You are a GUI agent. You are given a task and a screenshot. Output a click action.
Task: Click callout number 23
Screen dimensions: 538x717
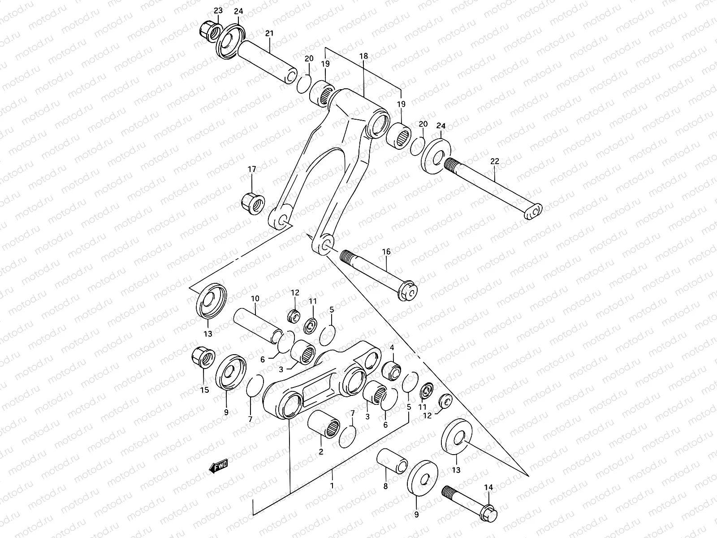[x=218, y=10]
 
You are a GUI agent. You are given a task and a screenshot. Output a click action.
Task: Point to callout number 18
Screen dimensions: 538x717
[x=363, y=56]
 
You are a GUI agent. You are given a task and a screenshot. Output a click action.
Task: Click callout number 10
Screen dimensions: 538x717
[x=255, y=299]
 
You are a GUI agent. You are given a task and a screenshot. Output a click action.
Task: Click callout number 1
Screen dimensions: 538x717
[x=332, y=486]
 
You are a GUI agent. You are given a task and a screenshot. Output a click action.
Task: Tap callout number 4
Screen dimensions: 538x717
[x=392, y=347]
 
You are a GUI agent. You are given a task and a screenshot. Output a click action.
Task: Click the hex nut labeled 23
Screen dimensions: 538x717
[x=208, y=32]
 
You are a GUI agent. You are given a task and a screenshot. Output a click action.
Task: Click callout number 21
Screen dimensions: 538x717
[x=269, y=34]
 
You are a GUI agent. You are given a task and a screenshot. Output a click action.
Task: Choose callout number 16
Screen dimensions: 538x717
[x=386, y=252]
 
